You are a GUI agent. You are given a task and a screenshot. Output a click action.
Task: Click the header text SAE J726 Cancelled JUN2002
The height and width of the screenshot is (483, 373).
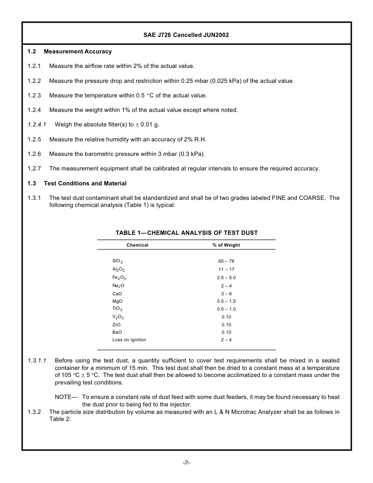tap(186, 35)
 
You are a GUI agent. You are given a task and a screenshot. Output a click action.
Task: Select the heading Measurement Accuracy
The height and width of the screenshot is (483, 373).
tap(78, 51)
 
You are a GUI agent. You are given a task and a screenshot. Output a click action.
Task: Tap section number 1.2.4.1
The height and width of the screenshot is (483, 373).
tap(37, 124)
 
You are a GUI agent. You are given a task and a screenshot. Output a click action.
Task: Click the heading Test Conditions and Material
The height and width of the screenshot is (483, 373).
tap(85, 183)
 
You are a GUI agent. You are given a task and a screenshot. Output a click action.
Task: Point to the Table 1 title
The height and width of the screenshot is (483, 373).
tap(186, 233)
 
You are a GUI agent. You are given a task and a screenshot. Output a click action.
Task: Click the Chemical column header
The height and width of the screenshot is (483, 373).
tap(137, 245)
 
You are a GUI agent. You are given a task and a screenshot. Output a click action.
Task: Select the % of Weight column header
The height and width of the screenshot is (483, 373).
tap(226, 245)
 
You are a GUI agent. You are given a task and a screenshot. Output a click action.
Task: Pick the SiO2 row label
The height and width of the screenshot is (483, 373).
tap(117, 261)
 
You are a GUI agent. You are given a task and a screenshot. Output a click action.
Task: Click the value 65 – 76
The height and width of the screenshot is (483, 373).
tap(226, 261)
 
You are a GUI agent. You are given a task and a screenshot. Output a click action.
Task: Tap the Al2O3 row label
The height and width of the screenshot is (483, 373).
tap(118, 269)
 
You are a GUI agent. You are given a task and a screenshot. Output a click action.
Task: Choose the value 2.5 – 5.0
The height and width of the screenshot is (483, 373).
tap(226, 278)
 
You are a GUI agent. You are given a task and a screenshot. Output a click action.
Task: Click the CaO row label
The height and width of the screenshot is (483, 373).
tap(117, 294)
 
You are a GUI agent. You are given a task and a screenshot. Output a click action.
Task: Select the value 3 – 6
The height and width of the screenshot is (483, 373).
tap(226, 294)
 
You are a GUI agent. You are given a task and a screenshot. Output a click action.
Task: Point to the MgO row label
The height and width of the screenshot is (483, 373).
tap(117, 301)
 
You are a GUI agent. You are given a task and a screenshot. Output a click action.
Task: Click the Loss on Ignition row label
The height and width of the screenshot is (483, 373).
tap(129, 340)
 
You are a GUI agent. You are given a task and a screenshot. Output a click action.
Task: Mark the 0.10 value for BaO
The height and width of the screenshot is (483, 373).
tap(226, 332)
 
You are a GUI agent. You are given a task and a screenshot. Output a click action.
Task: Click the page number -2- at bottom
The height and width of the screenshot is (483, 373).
tap(186, 463)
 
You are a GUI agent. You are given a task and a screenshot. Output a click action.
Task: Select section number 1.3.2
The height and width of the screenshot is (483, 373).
tap(34, 412)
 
